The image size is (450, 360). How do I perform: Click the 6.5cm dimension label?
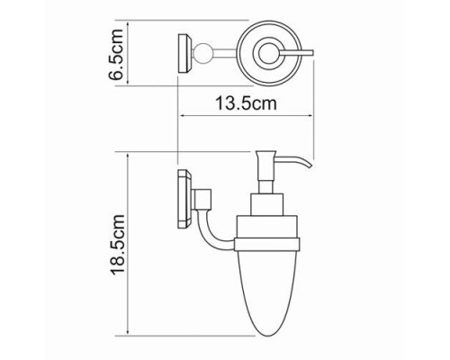click(116, 54)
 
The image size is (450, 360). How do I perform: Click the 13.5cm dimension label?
click(246, 103)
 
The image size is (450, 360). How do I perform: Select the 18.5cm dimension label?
click(117, 244)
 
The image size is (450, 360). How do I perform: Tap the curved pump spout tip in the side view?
click(310, 166)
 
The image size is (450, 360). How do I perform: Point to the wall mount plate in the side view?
click(184, 200)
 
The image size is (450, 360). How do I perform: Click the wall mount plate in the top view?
click(184, 54)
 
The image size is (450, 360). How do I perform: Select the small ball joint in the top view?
click(200, 53)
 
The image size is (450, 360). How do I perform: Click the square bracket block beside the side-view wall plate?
click(203, 199)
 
